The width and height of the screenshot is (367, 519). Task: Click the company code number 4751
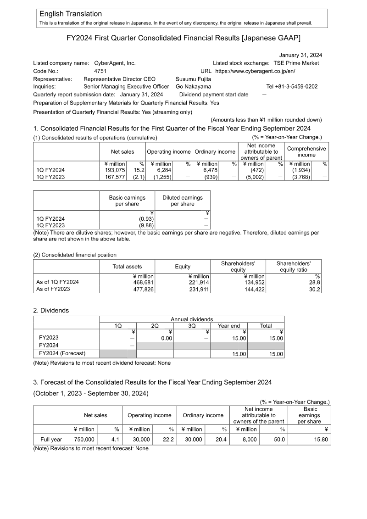click(x=101, y=71)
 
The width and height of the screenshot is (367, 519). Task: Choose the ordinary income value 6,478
click(x=206, y=170)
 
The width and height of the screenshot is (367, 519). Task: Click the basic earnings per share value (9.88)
click(x=146, y=225)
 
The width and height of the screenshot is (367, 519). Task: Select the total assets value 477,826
click(x=143, y=289)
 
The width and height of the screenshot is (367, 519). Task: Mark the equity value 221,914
click(x=199, y=282)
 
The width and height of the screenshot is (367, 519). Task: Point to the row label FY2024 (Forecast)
click(x=62, y=354)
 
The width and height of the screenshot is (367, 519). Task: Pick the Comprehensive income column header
click(x=306, y=152)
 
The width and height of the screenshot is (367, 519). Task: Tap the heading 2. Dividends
click(x=51, y=310)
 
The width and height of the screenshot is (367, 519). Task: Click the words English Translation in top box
click(x=71, y=14)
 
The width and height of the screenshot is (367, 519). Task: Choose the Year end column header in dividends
click(x=228, y=326)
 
